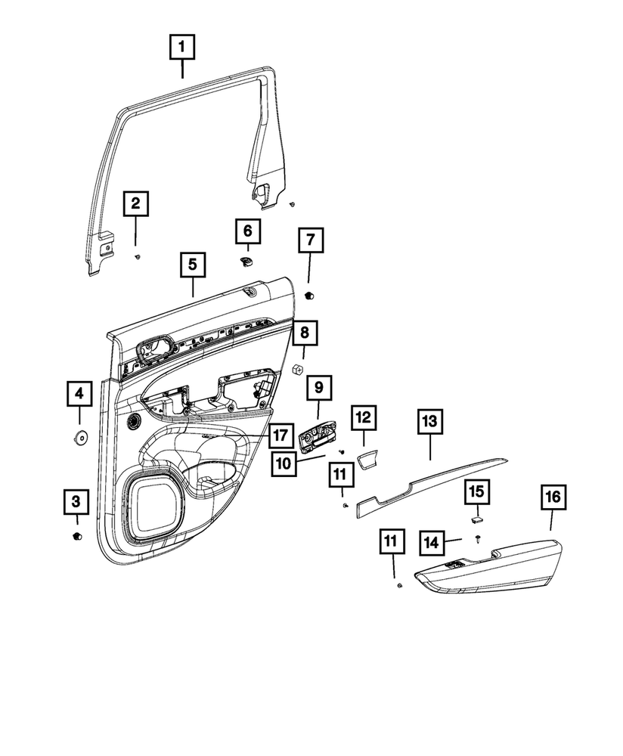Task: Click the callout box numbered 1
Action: click(181, 48)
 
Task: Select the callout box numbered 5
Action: click(192, 265)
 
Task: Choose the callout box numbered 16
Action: click(553, 497)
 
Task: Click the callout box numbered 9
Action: click(318, 388)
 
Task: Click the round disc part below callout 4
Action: click(79, 436)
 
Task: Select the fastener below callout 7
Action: click(309, 294)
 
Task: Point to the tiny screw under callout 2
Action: click(137, 256)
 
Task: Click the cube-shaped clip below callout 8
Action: click(298, 369)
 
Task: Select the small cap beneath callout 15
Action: click(476, 519)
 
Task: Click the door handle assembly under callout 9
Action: click(316, 438)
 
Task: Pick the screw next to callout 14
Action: click(479, 538)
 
